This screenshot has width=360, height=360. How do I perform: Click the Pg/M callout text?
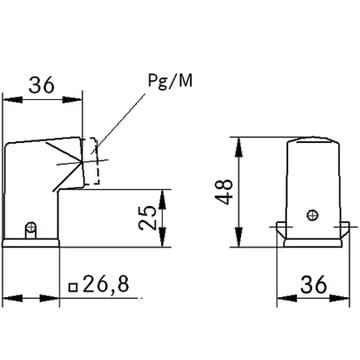click(x=170, y=81)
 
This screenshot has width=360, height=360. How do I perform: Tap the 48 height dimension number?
click(x=224, y=192)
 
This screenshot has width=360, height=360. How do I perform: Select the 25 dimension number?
click(x=148, y=217)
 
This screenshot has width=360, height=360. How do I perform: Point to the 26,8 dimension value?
click(x=105, y=284)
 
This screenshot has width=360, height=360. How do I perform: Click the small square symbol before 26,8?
click(x=73, y=287)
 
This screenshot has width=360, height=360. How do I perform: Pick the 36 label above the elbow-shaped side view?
click(x=41, y=85)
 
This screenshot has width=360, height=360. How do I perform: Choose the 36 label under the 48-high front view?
click(x=313, y=285)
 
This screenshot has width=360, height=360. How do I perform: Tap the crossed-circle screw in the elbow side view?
click(x=31, y=228)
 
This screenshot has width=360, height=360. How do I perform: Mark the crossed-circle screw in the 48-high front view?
click(x=313, y=216)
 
